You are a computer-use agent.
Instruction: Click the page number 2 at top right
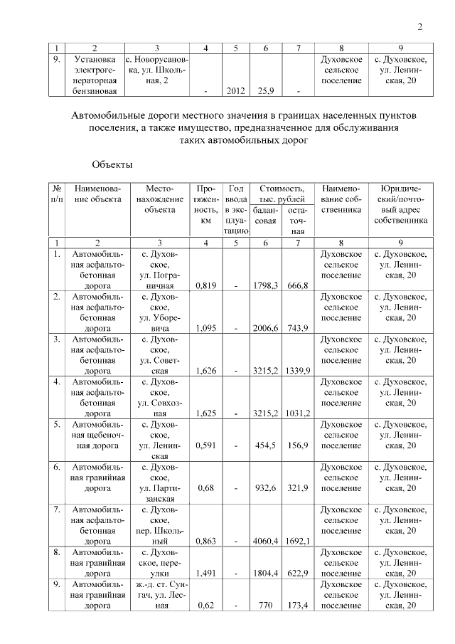coord(419,27)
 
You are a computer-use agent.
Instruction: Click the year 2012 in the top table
coord(235,91)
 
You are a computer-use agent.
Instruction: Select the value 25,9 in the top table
coord(266,91)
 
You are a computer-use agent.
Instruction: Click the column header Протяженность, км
coord(205,204)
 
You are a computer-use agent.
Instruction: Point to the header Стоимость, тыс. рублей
coord(282,193)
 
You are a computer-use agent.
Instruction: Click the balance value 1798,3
coord(266,286)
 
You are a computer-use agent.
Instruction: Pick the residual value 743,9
coord(297,329)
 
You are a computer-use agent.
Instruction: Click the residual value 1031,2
coord(297,414)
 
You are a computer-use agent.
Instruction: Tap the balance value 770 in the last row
coord(266,606)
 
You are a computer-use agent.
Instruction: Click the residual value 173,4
coord(297,606)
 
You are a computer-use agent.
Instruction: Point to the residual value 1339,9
coord(297,371)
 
